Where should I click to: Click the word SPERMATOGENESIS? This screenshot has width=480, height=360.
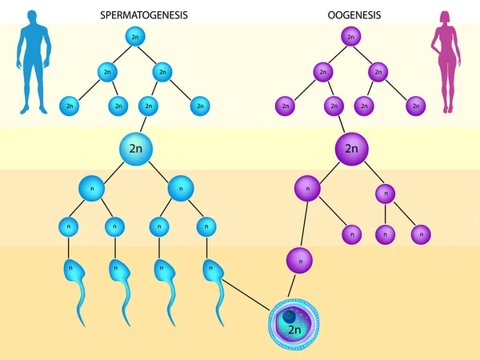pos(150,14)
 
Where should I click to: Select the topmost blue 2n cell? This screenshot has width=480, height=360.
pos(136,37)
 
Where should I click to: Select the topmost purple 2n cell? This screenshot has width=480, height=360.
pos(350,37)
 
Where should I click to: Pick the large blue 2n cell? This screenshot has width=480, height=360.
pos(135,148)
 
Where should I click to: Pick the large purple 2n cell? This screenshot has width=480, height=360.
pos(351,149)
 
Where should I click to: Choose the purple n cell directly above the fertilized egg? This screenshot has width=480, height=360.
pos(298,260)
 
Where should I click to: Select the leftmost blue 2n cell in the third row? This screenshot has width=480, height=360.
pos(70,105)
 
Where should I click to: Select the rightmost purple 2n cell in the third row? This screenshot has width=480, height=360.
pos(414,105)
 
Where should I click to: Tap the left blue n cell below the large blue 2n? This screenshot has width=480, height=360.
pos(91,188)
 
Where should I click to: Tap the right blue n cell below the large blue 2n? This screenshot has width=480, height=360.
pos(181,188)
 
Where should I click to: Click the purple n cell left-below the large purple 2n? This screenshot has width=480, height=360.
pos(307,189)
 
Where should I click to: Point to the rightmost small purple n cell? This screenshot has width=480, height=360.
pos(421,234)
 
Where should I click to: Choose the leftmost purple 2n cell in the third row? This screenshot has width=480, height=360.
pos(285,105)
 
